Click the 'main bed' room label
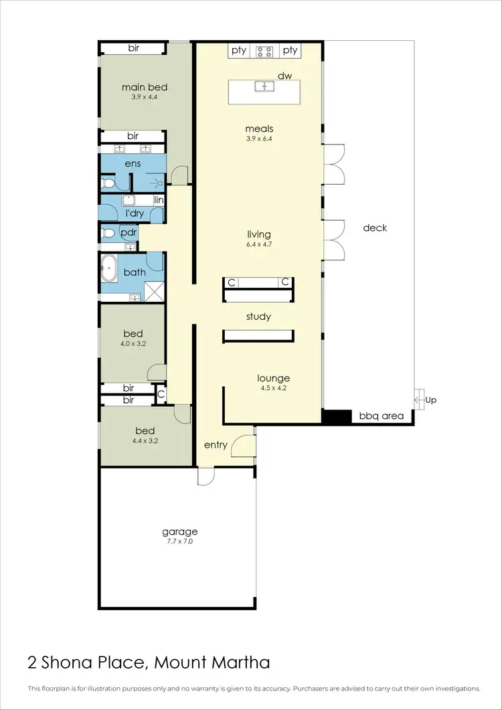144,87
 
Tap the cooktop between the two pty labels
264,50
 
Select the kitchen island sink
264,86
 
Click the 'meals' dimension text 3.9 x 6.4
259,139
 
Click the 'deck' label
375,228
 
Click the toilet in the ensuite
106,182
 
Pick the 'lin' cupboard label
159,200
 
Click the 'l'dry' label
135,213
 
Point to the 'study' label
258,316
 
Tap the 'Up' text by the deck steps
431,400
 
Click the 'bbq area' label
382,416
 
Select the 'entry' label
216,444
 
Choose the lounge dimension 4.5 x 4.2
274,387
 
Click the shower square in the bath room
155,290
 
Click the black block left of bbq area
337,416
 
